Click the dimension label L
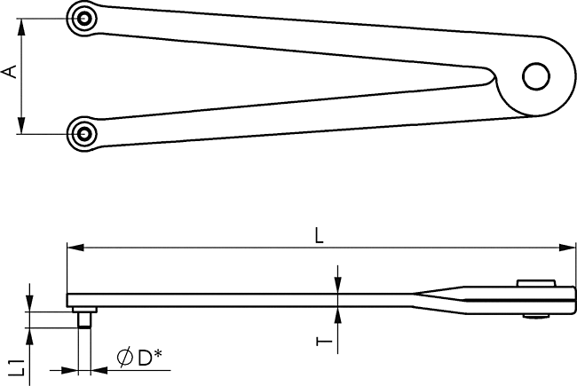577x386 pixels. pyautogui.click(x=319, y=235)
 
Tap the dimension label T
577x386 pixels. pyautogui.click(x=324, y=342)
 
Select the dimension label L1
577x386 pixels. pyautogui.click(x=17, y=367)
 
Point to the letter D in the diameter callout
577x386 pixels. pyautogui.click(x=145, y=358)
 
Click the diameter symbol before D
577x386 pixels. pyautogui.click(x=125, y=358)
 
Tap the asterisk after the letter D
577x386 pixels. pyautogui.click(x=158, y=354)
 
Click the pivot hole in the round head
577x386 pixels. pyautogui.click(x=536, y=76)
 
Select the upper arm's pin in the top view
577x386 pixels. pyautogui.click(x=84, y=19)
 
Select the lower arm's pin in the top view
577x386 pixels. pyautogui.click(x=84, y=134)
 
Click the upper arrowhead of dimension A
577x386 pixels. pyautogui.click(x=21, y=28)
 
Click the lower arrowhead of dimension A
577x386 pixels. pyautogui.click(x=21, y=125)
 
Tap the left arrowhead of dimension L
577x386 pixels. pyautogui.click(x=75, y=248)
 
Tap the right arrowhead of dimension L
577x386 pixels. pyautogui.click(x=566, y=248)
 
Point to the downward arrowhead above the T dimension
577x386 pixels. pyautogui.click(x=338, y=286)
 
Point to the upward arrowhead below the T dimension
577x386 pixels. pyautogui.click(x=338, y=316)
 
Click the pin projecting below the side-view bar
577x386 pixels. pyautogui.click(x=84, y=320)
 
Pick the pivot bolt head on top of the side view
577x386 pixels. pyautogui.click(x=536, y=283)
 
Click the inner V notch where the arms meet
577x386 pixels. pyautogui.click(x=493, y=75)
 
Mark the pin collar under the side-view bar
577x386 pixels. pyautogui.click(x=84, y=310)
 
